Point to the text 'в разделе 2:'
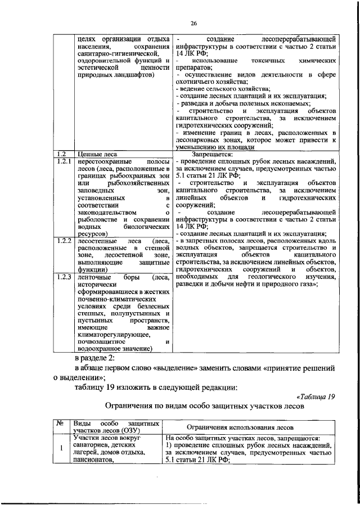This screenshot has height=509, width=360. (x=98, y=358)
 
